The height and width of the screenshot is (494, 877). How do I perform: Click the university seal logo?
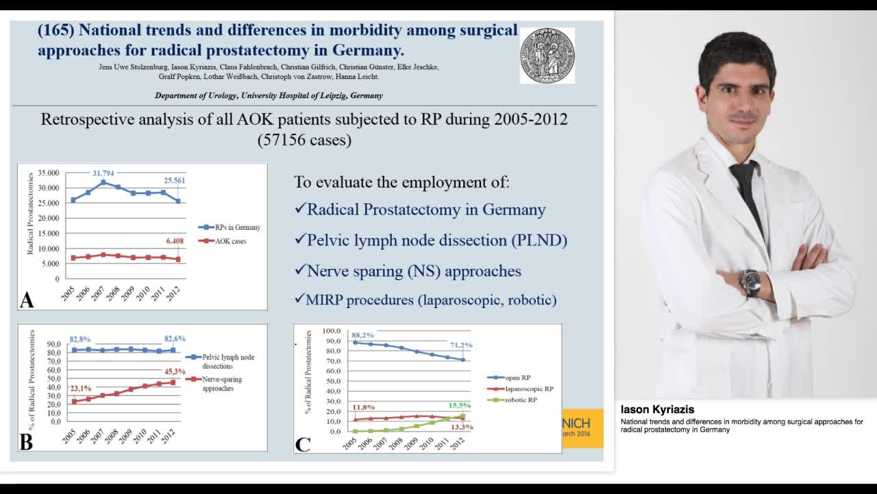pos(547,56)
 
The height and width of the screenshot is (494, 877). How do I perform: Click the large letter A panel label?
pos(27,300)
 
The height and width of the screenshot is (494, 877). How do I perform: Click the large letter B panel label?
pos(26,442)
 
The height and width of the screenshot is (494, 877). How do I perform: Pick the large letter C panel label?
pos(303,444)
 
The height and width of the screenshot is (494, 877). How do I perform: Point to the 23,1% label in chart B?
pos(81,388)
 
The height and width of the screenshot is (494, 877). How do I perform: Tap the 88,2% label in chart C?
pos(362,335)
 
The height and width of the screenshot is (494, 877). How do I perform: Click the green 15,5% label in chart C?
pos(460,405)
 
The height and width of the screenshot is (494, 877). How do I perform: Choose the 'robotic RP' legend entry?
pos(521,399)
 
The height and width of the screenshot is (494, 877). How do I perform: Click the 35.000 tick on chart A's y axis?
pos(48,173)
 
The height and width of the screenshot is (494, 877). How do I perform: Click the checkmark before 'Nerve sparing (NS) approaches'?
pos(299,270)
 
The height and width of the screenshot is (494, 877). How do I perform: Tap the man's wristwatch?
pos(751,282)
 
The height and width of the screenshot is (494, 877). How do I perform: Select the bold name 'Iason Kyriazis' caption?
pos(657,410)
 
